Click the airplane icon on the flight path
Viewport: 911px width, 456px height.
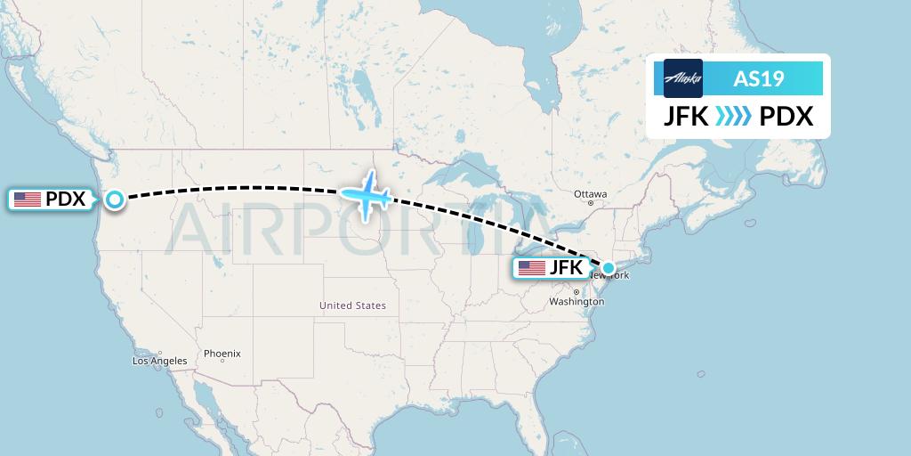tap(366, 194)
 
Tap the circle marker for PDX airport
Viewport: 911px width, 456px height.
tap(115, 199)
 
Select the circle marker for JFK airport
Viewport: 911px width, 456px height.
tap(609, 268)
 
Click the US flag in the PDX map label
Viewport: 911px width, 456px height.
tap(28, 199)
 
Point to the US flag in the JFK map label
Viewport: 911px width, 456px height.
tap(532, 268)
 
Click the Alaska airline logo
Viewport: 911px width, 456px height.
tap(683, 78)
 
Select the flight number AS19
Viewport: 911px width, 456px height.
tap(758, 79)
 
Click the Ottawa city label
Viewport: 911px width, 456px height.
tap(590, 194)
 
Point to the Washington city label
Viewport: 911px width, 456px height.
tap(576, 302)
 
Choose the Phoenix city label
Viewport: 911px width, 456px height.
tap(222, 354)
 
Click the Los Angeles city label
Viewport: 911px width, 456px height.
tap(160, 361)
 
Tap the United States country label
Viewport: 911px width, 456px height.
tap(353, 305)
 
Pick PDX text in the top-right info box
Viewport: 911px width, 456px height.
tap(786, 118)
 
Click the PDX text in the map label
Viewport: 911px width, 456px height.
tap(66, 199)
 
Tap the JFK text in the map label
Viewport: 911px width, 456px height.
tap(566, 268)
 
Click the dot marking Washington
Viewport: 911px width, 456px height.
tap(576, 292)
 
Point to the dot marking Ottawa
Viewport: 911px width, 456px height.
tap(590, 203)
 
